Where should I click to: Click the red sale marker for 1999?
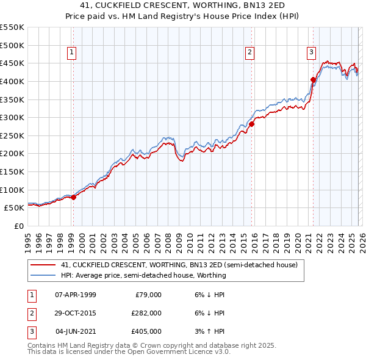[x=73, y=197]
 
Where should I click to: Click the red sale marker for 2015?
[x=251, y=124]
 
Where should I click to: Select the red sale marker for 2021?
[x=313, y=79]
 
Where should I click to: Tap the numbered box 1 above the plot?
[x=72, y=53]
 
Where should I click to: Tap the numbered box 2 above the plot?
[x=250, y=53]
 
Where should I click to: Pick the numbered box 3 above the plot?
[x=311, y=53]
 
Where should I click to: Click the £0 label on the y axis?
[x=18, y=226]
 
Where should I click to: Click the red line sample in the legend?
[x=44, y=265]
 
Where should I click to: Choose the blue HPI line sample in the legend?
[x=44, y=275]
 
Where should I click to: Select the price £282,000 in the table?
[x=146, y=313]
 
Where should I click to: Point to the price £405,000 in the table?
[x=146, y=331]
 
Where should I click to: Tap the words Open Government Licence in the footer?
[x=172, y=352]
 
